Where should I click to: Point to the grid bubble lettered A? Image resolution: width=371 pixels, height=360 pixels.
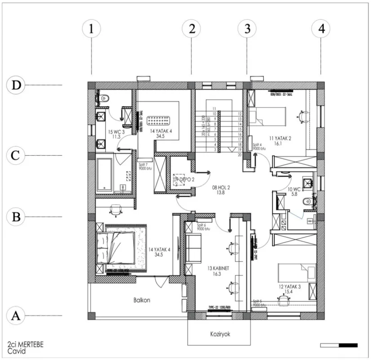click(16, 315)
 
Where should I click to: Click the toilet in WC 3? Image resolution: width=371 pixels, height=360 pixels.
click(104, 97)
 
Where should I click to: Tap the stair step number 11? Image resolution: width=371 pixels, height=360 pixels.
click(215, 108)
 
